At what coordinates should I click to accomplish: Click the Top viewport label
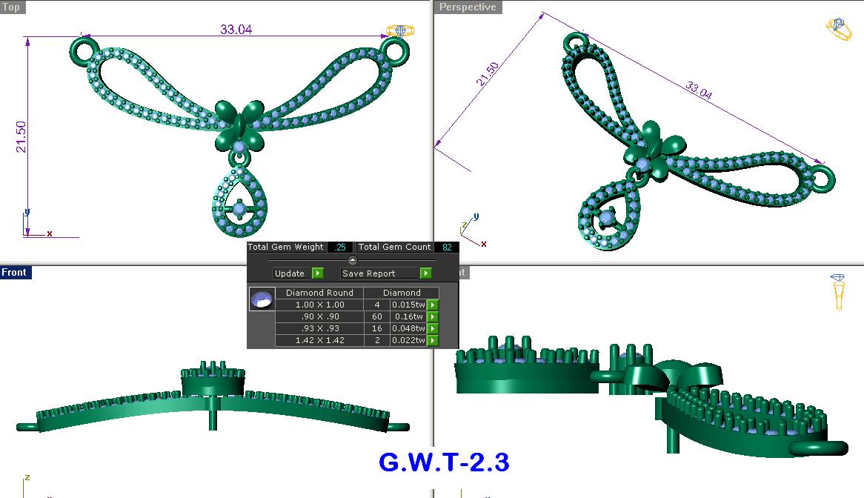[12, 7]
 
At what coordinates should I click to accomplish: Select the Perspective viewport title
[467, 7]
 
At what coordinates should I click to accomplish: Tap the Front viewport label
[14, 273]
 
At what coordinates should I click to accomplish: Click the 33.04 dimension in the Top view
[236, 30]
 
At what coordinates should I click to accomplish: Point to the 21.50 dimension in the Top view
[21, 137]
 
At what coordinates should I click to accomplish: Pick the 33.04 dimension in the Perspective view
[699, 91]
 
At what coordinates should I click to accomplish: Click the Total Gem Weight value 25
[341, 247]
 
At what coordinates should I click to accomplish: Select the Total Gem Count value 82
[447, 247]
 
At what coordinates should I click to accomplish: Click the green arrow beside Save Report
[425, 273]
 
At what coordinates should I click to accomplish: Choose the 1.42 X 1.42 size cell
[319, 341]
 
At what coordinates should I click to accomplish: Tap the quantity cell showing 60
[377, 317]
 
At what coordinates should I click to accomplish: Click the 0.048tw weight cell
[408, 329]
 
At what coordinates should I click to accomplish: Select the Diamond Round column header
[319, 293]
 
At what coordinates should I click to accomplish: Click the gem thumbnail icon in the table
[262, 299]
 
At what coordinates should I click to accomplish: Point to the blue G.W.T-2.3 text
[444, 462]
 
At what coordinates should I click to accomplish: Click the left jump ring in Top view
[84, 51]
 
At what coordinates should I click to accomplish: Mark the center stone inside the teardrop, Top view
[239, 210]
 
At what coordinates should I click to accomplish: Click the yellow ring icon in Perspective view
[839, 30]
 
